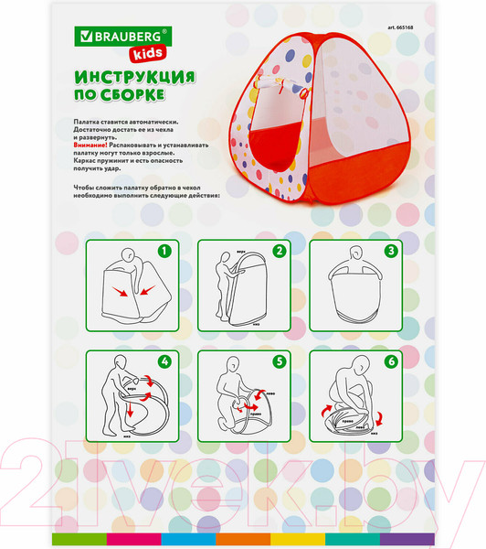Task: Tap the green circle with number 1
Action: coord(164,249)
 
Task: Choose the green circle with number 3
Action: coord(389,249)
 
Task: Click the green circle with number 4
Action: coord(164,360)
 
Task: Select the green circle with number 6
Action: coord(389,360)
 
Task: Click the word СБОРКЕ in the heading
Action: coord(133,94)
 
